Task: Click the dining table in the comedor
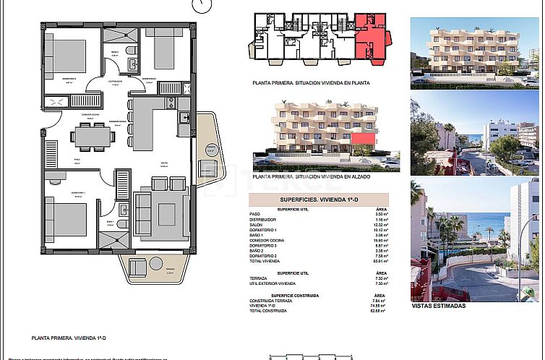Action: [96, 135]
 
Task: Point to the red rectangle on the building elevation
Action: [367, 137]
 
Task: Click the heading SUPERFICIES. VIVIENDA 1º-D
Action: [317, 200]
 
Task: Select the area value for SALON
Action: [381, 225]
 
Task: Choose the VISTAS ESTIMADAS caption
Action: [438, 306]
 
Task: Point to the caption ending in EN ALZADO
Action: [312, 176]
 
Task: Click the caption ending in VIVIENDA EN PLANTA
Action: [311, 83]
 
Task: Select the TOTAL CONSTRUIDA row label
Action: [268, 311]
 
